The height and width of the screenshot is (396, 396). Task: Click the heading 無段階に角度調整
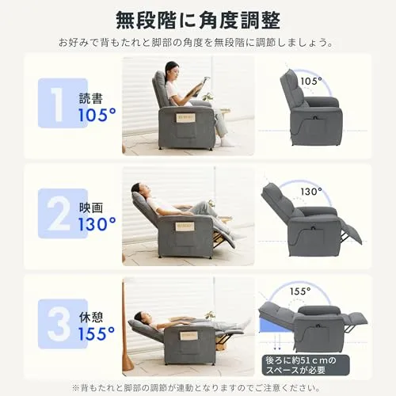tap(198, 21)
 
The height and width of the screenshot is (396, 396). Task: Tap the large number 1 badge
tap(63, 103)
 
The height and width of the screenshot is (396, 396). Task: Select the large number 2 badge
tap(63, 214)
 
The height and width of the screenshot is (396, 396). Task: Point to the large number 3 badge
tap(63, 324)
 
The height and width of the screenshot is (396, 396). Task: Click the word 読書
tap(91, 98)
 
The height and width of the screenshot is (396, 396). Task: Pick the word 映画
tap(91, 208)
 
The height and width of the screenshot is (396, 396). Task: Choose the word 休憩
tap(91, 318)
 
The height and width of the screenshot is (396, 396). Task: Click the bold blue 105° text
tap(97, 115)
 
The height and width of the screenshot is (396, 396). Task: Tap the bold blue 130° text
tap(97, 224)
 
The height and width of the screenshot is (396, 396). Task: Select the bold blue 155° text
tap(97, 333)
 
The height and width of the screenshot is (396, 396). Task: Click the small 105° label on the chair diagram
tap(311, 81)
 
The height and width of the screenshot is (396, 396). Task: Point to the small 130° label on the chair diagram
tap(311, 192)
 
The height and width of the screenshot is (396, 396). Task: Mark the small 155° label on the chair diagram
tap(300, 291)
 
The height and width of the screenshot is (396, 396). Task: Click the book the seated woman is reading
tap(197, 86)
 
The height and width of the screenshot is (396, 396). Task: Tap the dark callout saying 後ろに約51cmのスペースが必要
tap(306, 365)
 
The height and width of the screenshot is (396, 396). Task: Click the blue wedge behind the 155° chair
tap(272, 324)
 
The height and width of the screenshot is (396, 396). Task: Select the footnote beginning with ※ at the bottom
tap(196, 388)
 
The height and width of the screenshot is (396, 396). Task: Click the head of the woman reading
tap(171, 70)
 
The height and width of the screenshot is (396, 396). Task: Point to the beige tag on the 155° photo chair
tap(189, 337)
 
